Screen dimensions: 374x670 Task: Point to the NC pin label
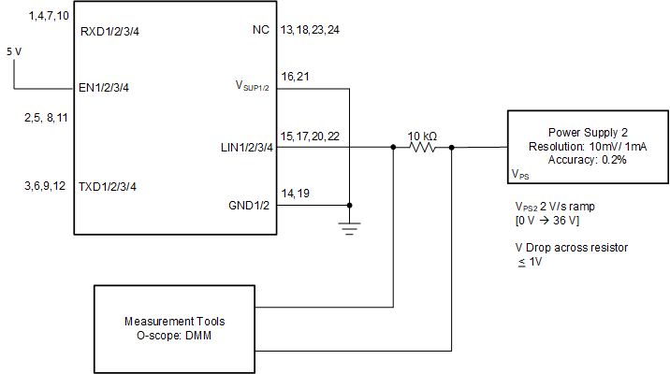pos(261,31)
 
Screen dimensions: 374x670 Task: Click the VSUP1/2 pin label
pos(253,88)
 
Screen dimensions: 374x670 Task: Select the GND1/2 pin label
pos(249,206)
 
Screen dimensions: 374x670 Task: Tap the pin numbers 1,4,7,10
pos(49,17)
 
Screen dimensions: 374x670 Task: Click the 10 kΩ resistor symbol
pos(423,147)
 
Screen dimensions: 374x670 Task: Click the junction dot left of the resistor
pos(393,147)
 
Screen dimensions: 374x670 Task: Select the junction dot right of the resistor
pos(451,147)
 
